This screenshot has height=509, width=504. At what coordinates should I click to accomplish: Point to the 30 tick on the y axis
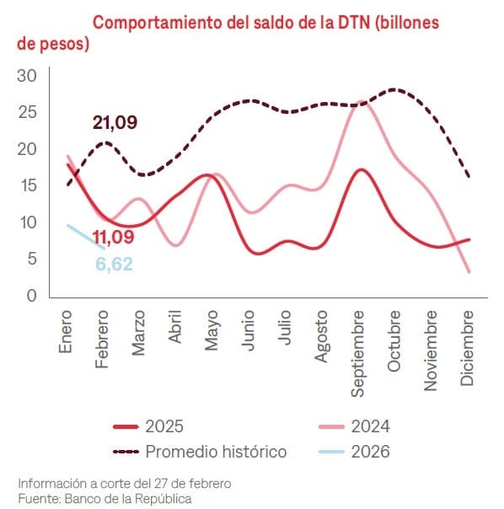click(27, 76)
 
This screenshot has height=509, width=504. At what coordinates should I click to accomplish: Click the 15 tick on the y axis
click(27, 185)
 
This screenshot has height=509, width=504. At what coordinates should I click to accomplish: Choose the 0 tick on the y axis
click(31, 296)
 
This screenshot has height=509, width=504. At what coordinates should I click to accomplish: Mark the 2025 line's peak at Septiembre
click(361, 169)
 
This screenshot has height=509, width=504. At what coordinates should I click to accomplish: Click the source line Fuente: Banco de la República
click(105, 498)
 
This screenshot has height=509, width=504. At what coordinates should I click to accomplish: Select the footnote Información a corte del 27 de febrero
click(124, 483)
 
